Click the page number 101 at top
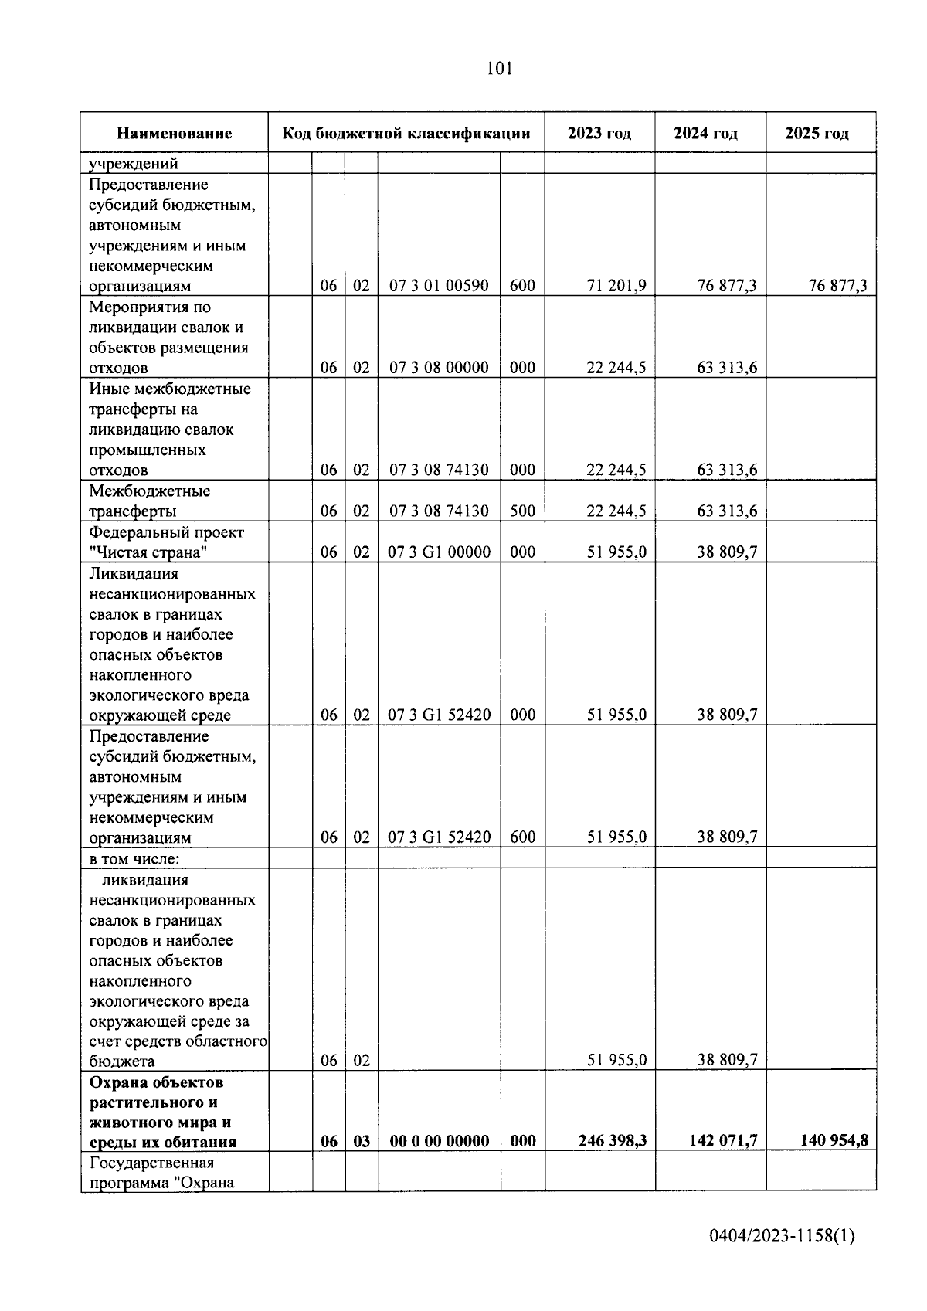point(499,69)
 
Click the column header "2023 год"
point(599,133)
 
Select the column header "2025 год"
point(817,133)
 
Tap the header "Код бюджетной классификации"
point(406,133)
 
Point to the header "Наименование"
point(174,133)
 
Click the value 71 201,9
point(616,286)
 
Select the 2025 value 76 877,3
point(837,286)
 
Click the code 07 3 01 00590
point(438,286)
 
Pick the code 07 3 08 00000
point(438,368)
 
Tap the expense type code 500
point(522,511)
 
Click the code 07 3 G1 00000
point(439,552)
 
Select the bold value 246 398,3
point(613,1141)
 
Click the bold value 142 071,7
point(722,1141)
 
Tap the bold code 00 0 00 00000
point(439,1141)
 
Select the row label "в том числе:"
point(134,858)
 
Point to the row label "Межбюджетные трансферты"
point(149,501)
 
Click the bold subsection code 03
point(362,1141)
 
